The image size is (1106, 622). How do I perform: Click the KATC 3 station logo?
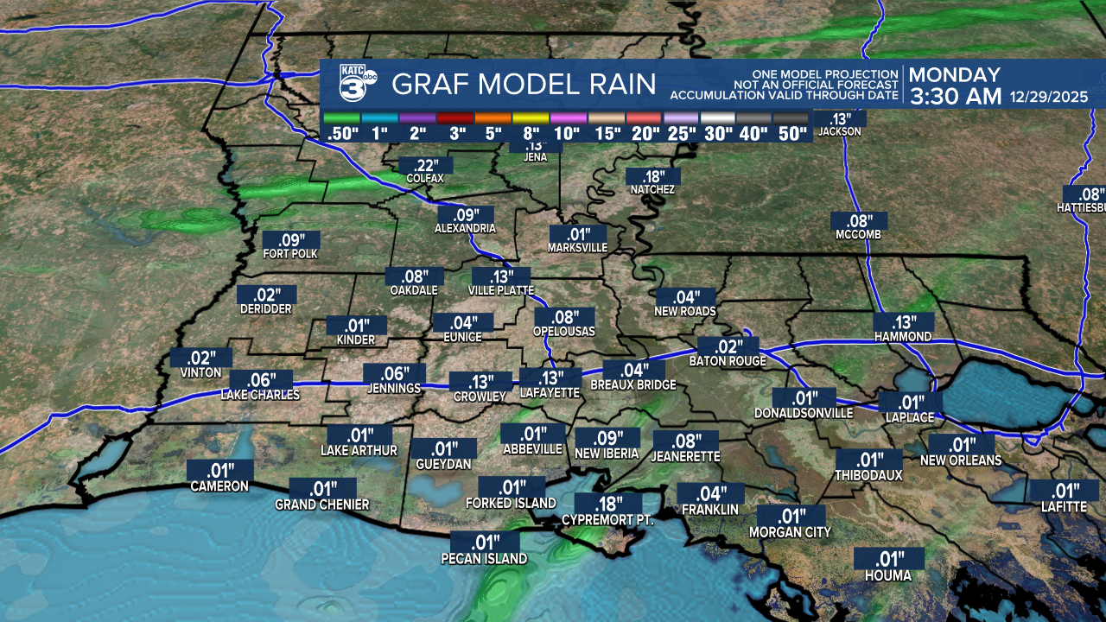point(358,83)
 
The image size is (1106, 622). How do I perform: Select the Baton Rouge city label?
point(728,361)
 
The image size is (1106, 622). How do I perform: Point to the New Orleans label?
point(961,460)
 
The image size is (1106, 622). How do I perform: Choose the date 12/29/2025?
point(1052,97)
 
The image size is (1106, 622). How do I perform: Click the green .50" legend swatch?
point(340,117)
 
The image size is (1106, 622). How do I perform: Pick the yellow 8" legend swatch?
point(531,117)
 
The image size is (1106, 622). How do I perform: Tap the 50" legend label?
point(791,134)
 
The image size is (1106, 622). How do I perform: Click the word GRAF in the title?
point(429,85)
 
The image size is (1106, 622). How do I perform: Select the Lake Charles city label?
point(260,395)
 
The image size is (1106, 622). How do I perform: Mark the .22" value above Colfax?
point(425,165)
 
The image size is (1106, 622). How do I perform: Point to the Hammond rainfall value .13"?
point(904,321)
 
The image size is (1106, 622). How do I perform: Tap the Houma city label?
point(889,574)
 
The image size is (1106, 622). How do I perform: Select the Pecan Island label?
point(484,559)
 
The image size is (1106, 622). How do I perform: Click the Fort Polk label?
point(290,254)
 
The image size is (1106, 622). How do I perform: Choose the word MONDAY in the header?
point(955,75)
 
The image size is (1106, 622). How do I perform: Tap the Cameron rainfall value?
point(219,471)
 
